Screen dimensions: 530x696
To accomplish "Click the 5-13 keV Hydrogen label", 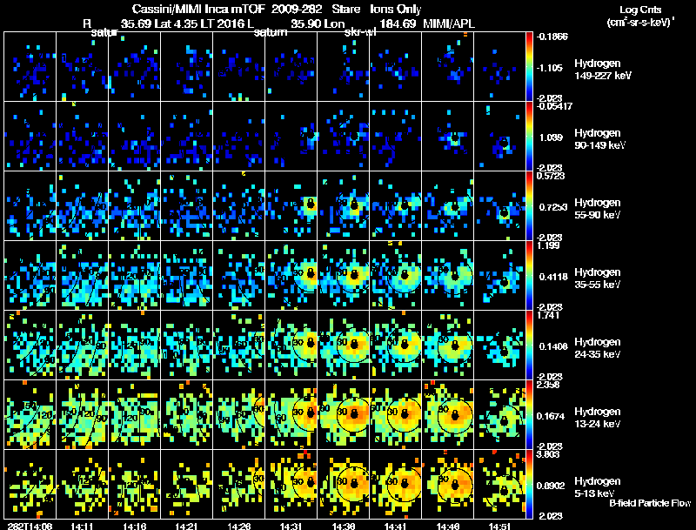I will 598,487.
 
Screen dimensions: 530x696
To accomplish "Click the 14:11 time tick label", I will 82,526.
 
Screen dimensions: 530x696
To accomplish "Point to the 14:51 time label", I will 499,526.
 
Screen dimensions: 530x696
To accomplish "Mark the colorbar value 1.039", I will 553,138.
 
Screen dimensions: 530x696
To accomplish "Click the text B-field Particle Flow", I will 650,503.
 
